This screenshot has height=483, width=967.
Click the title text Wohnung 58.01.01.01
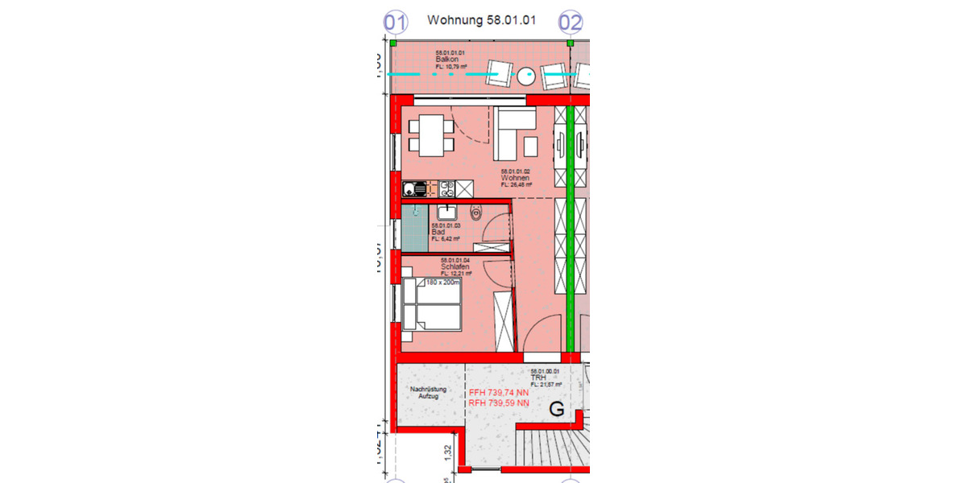pos(481,20)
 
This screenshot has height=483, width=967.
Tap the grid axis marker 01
pos(395,22)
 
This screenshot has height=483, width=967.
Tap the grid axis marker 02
pos(571,22)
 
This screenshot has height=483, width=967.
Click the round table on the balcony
pos(527,76)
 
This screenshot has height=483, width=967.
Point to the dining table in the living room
pos(432,135)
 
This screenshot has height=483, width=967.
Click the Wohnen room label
pos(516,178)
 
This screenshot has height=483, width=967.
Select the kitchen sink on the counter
pos(414,190)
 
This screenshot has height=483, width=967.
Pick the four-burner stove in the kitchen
pos(446,189)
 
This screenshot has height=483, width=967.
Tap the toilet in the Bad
pos(476,213)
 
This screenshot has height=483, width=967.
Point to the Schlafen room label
pos(455,266)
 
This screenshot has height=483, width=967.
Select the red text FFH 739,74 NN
pos(499,393)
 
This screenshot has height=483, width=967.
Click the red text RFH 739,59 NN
pos(499,402)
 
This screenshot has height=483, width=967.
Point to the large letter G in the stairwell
pos(556,409)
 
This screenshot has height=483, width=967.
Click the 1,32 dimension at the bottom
pos(447,456)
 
